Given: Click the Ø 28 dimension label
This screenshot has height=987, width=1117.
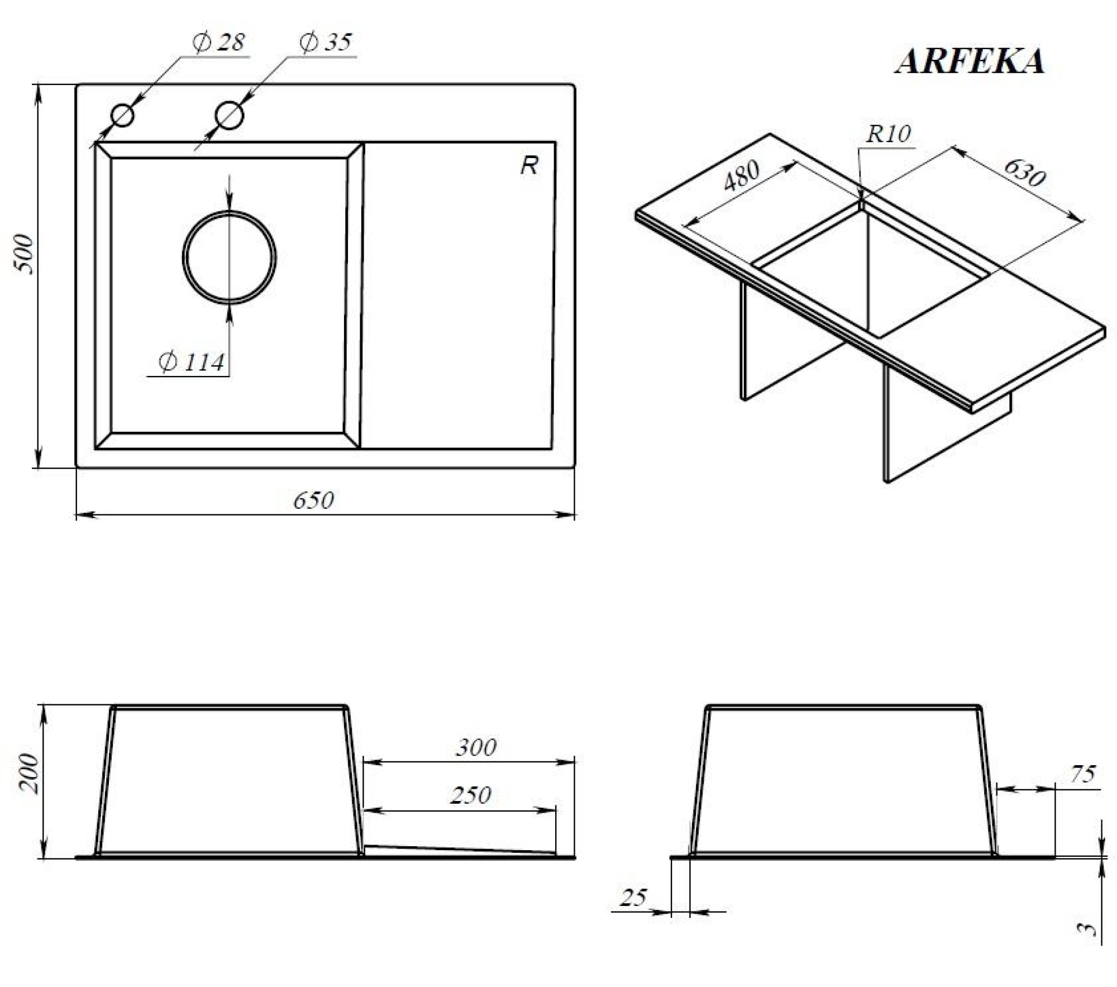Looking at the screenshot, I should tap(218, 42).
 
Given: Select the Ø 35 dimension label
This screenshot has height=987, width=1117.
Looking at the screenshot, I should tap(326, 42).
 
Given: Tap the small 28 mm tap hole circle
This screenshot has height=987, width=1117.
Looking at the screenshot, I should tap(122, 116).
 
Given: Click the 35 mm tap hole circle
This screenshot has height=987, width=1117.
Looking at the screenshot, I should tap(229, 115).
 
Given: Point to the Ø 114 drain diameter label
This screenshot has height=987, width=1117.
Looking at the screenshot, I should tap(192, 363).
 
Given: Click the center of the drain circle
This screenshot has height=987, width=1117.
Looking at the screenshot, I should tap(230, 258).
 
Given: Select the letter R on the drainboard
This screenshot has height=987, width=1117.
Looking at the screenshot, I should tap(529, 165).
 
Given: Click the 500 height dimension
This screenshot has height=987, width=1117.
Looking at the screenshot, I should tap(25, 255).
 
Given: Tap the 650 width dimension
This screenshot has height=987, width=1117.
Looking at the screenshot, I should tap(313, 500).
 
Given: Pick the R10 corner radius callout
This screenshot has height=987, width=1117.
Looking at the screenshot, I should tap(888, 134).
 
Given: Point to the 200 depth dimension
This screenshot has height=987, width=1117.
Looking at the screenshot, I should tap(28, 773).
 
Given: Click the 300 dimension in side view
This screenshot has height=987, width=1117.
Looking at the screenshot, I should tap(476, 747).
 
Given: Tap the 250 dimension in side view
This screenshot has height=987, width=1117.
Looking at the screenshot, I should tap(470, 795).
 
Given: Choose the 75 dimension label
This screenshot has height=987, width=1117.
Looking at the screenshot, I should tap(1083, 774).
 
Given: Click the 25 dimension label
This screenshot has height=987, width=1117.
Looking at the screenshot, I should tap(633, 898).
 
